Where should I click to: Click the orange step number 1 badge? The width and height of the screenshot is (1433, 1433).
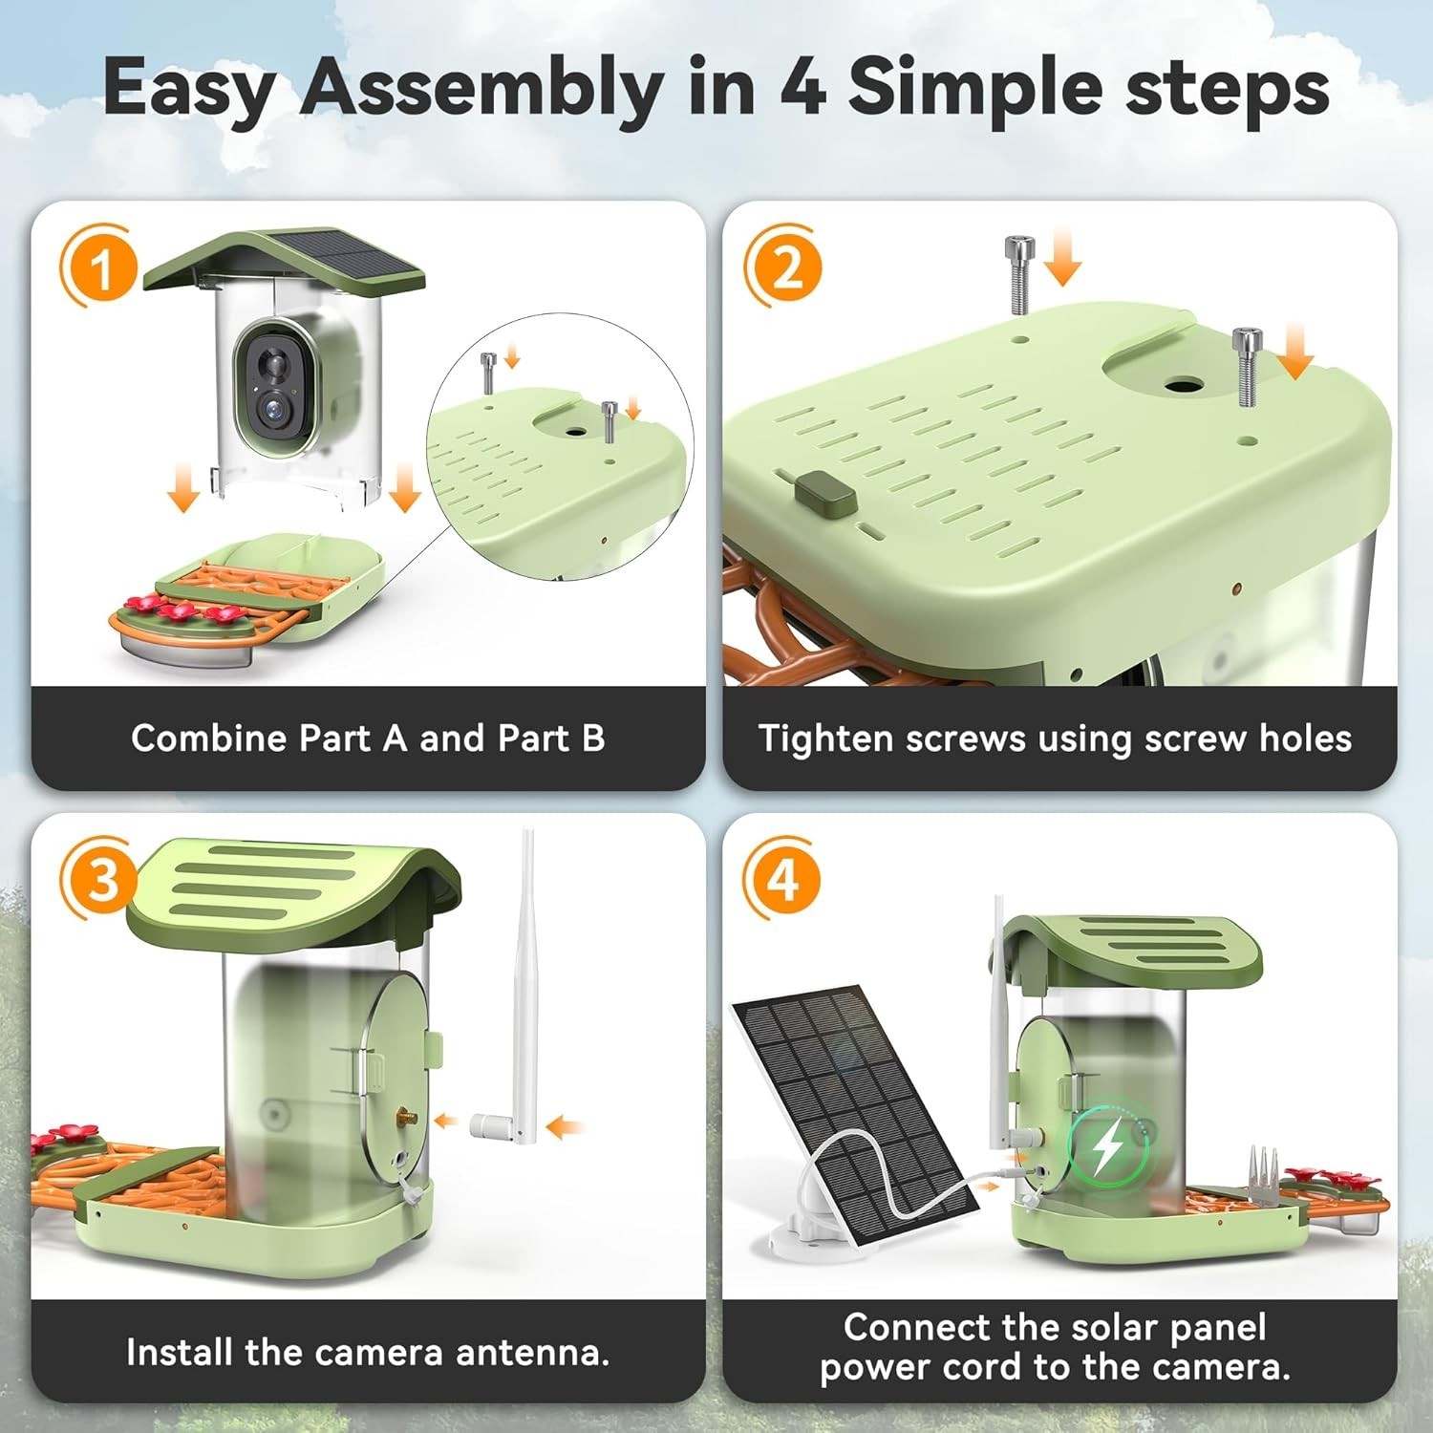pos(101,267)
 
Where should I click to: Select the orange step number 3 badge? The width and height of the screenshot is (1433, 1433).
pos(101,880)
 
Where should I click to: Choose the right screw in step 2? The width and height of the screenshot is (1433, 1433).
pos(1246,367)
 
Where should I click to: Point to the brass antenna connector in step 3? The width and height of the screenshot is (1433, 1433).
pos(407,1116)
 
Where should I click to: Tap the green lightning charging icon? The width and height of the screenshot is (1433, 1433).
pos(1107,1147)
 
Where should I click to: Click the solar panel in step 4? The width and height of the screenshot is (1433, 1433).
pos(855,1114)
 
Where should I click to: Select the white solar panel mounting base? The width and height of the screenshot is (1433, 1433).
pos(802,1230)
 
